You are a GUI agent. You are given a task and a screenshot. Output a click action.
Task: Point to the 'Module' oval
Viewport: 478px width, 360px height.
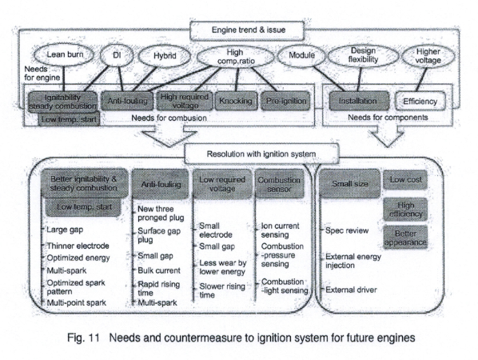[x=297, y=58]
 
